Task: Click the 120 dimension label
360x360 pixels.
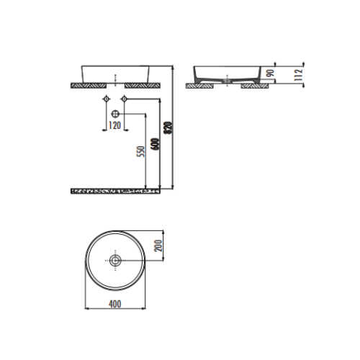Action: click(114, 125)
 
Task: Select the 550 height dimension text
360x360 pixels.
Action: click(141, 152)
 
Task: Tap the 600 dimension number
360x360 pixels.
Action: click(156, 144)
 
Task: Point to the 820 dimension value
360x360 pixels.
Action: click(168, 128)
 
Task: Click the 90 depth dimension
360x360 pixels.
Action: click(271, 73)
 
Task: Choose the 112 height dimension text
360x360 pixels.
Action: click(298, 75)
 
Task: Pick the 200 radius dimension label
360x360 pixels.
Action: click(158, 246)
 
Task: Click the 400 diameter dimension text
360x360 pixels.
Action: click(115, 304)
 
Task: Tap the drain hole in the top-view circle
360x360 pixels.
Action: click(115, 261)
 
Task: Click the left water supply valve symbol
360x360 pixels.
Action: click(106, 99)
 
